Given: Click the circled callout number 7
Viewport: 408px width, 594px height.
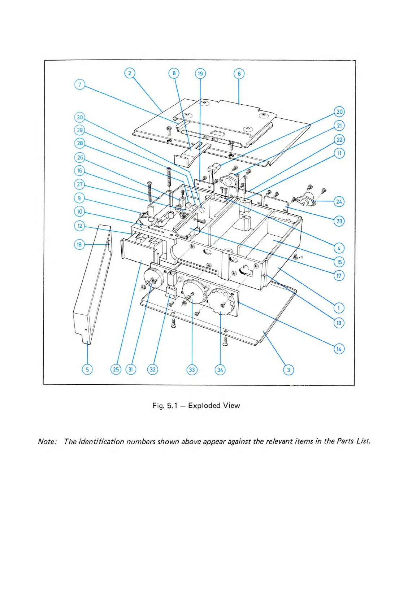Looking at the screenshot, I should pos(79,85).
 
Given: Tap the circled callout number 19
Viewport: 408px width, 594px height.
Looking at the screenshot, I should pos(200,74).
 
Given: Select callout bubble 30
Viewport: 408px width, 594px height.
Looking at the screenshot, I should pos(79,117).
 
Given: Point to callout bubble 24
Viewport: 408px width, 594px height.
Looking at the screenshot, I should pos(339,201).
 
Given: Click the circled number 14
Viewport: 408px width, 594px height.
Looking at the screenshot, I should pos(339,349).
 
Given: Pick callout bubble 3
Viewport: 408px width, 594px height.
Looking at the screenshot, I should pos(288,370).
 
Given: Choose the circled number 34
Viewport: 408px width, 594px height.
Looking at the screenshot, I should pos(220,370).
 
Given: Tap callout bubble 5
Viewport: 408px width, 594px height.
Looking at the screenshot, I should pos(87,370).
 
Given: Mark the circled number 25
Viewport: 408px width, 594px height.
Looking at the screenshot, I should pos(116,370).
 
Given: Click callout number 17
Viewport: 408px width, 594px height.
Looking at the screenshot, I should pos(339,276).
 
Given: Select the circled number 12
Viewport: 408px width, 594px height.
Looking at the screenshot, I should pos(79,226).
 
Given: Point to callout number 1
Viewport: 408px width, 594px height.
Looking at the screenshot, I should pos(339,308).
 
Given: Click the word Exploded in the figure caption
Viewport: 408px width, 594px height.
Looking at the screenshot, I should pos(204,406).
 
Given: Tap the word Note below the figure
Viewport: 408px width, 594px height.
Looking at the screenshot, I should pos(47,442).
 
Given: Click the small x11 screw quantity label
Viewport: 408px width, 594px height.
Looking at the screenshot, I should pos(300,257).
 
